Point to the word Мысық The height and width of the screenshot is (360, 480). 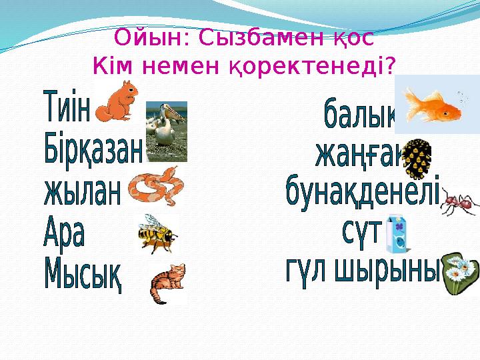click(83, 274)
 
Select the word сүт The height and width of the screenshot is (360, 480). click(361, 233)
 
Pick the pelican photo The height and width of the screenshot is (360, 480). click(166, 131)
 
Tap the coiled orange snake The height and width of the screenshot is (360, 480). click(154, 187)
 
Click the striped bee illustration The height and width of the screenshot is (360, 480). click(157, 233)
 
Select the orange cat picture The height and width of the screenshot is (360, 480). click(167, 283)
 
